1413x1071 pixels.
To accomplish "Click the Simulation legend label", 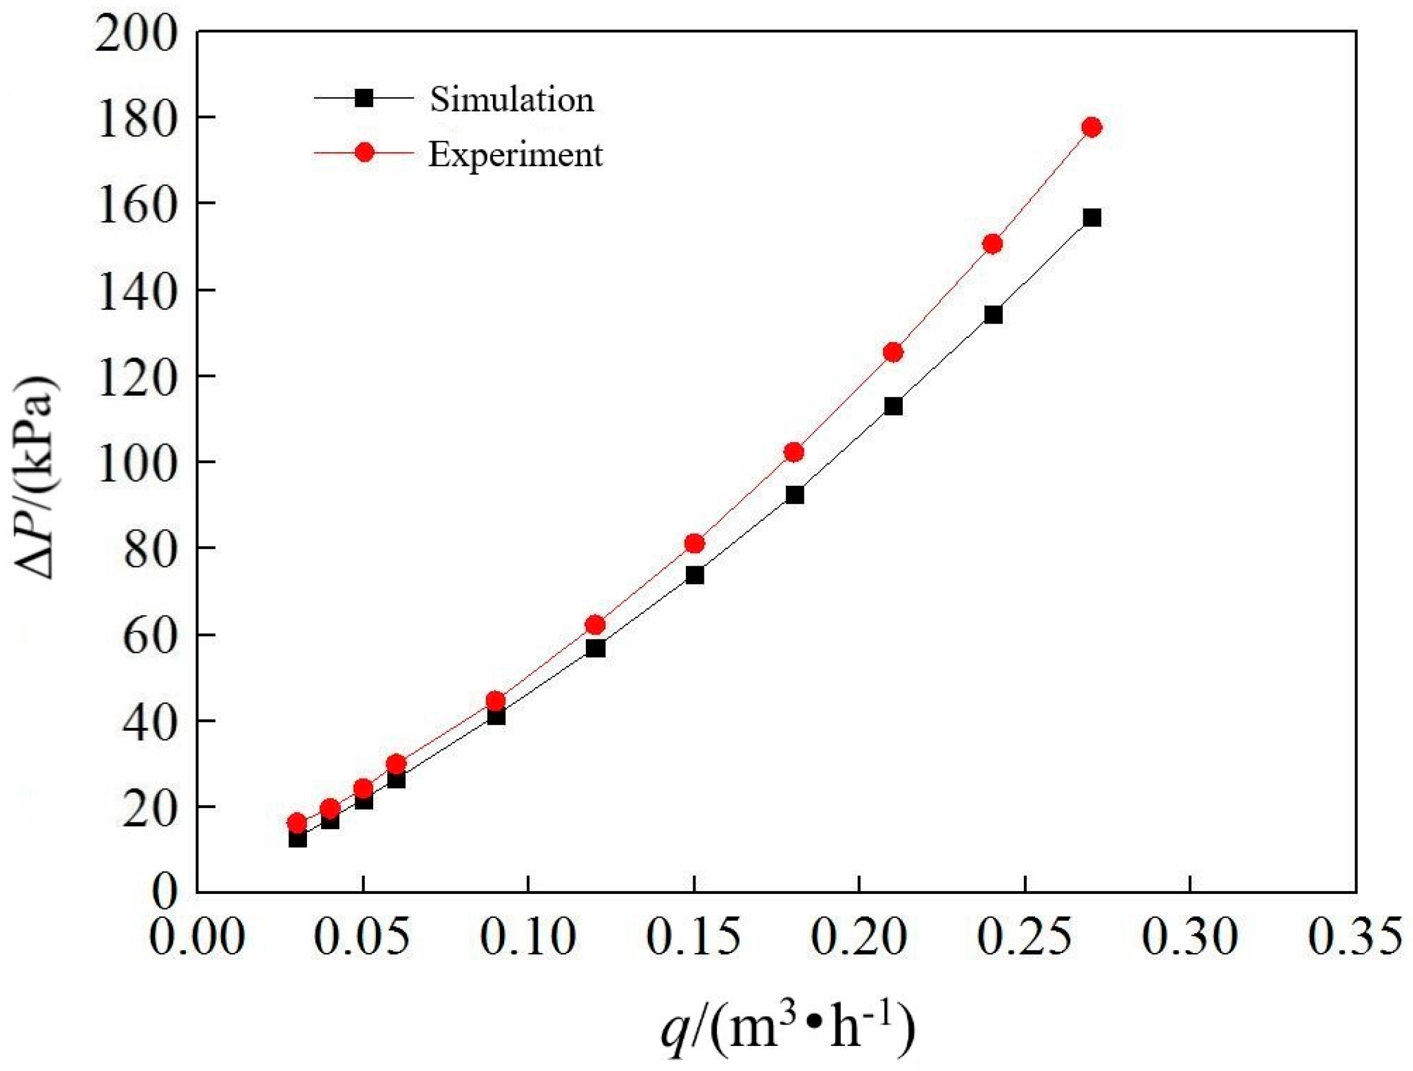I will tap(511, 100).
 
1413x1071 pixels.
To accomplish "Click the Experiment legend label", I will tap(515, 154).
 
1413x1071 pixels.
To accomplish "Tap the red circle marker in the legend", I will tap(364, 153).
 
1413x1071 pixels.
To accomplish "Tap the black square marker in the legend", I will tap(364, 98).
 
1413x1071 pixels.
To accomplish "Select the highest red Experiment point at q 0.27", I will tap(1092, 127).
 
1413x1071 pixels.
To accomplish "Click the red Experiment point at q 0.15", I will tap(695, 543).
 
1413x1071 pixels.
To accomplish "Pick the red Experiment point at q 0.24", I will tap(993, 244).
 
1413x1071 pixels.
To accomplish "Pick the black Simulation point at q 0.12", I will tap(595, 648).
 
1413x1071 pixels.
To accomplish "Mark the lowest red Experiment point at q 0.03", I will tap(297, 822).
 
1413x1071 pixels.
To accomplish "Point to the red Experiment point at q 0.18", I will tap(794, 452).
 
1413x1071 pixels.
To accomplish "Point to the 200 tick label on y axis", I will tap(135, 33).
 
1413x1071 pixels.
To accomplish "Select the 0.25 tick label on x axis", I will tap(1024, 935).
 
